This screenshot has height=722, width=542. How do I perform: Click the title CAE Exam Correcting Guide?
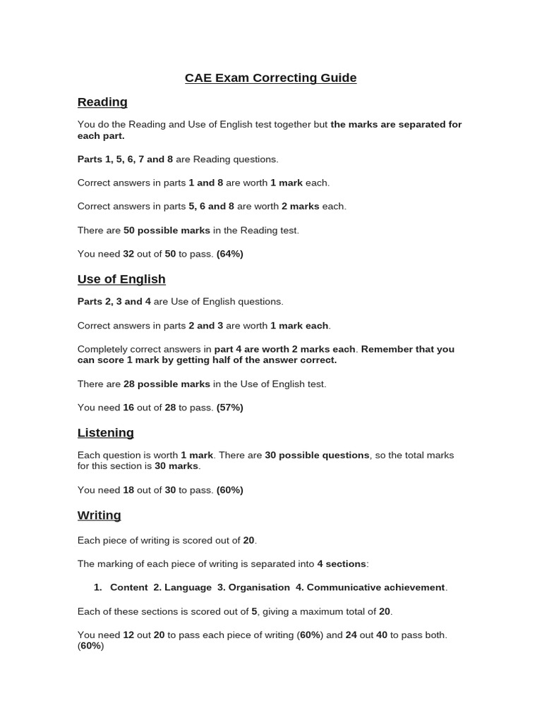click(270, 78)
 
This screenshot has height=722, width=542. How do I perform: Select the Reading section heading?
click(102, 102)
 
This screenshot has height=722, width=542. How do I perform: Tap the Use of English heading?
click(121, 279)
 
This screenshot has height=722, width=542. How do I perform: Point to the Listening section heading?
click(105, 432)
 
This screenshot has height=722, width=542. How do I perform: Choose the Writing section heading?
click(99, 515)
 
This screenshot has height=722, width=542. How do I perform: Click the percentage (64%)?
click(230, 254)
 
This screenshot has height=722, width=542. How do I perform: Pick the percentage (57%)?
click(230, 408)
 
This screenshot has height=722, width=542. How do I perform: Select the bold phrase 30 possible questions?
click(317, 455)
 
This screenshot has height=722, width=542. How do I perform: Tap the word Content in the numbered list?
click(129, 587)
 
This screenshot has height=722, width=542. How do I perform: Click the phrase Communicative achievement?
click(375, 587)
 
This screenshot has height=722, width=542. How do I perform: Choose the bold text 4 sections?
click(342, 564)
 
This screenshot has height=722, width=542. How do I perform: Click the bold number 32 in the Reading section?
click(128, 254)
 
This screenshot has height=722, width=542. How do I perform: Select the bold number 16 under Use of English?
click(128, 408)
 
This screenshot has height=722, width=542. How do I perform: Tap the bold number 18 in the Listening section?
click(128, 490)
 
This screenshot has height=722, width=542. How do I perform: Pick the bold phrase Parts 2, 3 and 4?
click(114, 302)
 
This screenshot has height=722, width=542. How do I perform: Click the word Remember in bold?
click(387, 349)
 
